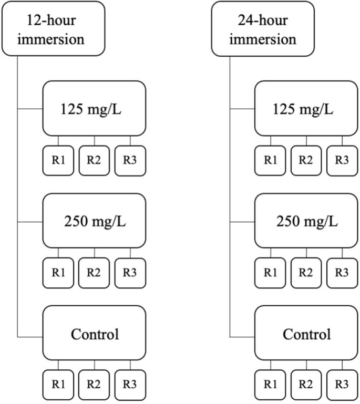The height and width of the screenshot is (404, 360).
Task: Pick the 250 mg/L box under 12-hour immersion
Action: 94,221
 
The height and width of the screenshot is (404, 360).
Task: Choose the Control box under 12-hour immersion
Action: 94,334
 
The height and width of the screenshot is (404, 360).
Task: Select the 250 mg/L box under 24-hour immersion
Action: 306,221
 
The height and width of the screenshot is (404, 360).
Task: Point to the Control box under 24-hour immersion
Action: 306,334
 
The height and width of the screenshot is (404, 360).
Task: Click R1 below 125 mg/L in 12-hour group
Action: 58,160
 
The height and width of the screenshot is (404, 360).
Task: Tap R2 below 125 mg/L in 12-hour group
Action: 94,160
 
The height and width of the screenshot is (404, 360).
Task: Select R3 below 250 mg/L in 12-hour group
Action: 130,272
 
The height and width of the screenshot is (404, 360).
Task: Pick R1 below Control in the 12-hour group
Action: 58,385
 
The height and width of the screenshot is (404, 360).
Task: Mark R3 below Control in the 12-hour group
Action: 130,385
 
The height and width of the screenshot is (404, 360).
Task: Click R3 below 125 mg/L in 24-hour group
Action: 342,160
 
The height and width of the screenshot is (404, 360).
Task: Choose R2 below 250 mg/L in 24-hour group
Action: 306,272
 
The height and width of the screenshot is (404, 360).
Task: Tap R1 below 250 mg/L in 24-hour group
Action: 271,272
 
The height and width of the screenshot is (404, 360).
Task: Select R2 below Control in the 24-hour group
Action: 306,385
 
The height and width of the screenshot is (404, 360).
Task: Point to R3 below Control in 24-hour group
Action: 342,385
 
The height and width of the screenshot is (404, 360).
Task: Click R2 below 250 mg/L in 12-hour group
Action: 94,272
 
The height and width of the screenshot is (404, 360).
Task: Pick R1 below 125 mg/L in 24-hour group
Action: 271,160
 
